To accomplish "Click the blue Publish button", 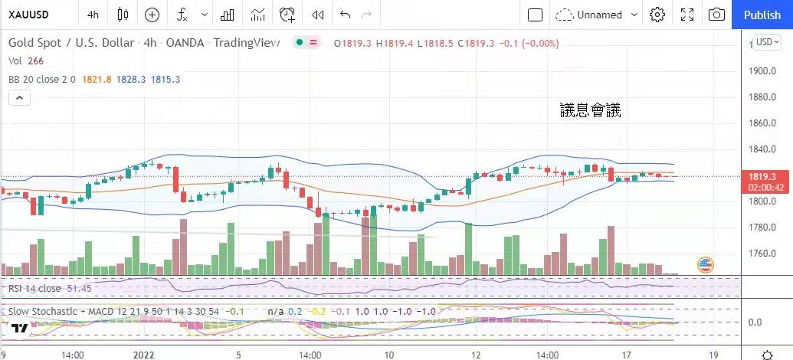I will [762, 15].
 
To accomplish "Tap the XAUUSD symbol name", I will [30, 15].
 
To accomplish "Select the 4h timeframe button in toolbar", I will [93, 15].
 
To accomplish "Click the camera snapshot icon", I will [716, 15].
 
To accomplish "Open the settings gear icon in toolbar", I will [657, 15].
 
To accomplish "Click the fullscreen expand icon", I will [687, 15].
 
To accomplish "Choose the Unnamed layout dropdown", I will [597, 15].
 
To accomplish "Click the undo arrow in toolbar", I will [345, 15].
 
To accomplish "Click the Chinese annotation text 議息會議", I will [590, 110].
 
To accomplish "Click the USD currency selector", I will [766, 42].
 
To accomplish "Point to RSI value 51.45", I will [80, 288].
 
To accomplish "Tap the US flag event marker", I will [706, 265].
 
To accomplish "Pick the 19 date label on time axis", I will [713, 355].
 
